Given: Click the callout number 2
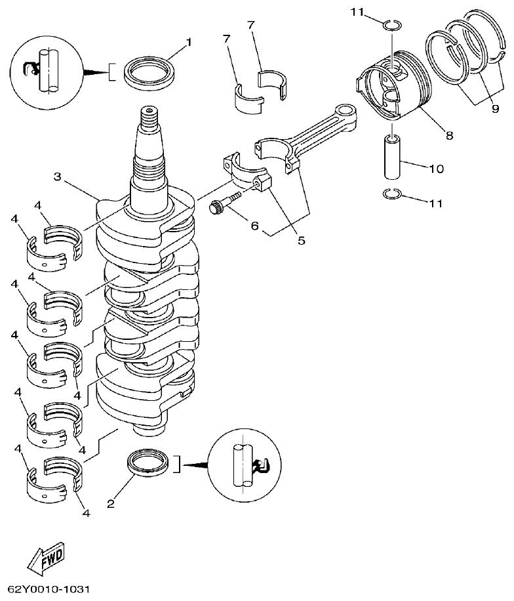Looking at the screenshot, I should (110, 504).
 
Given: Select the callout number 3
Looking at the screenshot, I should (58, 176).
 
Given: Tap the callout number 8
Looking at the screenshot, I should (449, 136).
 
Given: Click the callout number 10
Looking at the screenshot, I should (437, 169).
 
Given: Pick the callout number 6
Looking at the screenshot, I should (254, 225).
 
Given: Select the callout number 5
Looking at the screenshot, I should (301, 240).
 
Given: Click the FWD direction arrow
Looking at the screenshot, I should (45, 559).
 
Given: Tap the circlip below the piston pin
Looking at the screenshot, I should (391, 193).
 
